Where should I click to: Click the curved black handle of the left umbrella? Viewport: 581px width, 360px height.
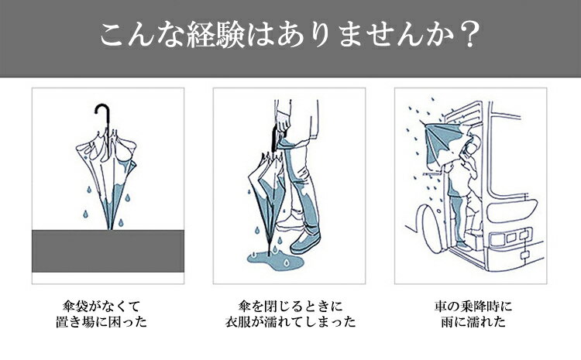(x=100, y=114)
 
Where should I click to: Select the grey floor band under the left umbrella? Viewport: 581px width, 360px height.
(x=108, y=250)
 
